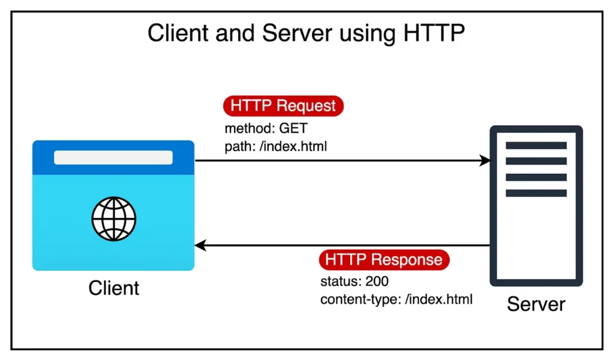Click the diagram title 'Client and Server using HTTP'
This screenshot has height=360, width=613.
pyautogui.click(x=306, y=34)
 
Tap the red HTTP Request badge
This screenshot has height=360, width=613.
pyautogui.click(x=283, y=105)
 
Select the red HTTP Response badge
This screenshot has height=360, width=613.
pyautogui.click(x=384, y=259)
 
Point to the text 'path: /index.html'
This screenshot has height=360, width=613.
pyautogui.click(x=275, y=146)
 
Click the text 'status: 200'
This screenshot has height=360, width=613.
pyautogui.click(x=355, y=282)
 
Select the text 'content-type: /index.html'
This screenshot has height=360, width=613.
pyautogui.click(x=396, y=299)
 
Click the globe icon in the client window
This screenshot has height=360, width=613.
pyautogui.click(x=114, y=219)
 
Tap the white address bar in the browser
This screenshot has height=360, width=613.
pyautogui.click(x=113, y=158)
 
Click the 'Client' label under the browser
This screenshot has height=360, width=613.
pyautogui.click(x=114, y=288)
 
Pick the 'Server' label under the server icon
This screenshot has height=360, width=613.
pyautogui.click(x=536, y=304)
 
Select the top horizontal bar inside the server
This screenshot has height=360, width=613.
pyautogui.click(x=536, y=146)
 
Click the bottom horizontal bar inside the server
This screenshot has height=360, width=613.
pyautogui.click(x=536, y=193)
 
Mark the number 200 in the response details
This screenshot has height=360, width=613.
pyautogui.click(x=378, y=282)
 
